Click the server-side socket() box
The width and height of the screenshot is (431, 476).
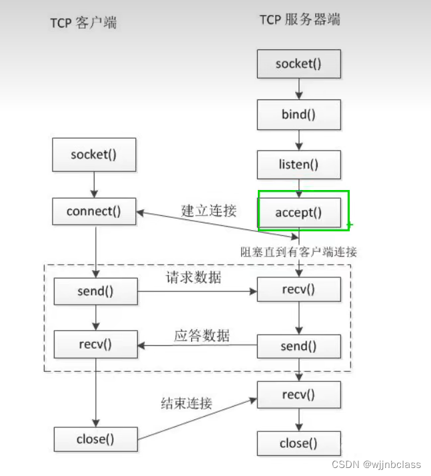[x=298, y=64]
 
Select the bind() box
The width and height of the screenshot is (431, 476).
[x=298, y=115]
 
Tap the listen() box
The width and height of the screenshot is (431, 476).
[x=298, y=164]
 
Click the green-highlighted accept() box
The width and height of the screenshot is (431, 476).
[x=298, y=213]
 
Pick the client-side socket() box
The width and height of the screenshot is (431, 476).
[x=93, y=155]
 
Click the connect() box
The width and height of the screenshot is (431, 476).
[x=93, y=212]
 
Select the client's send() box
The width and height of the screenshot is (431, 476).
[x=95, y=291]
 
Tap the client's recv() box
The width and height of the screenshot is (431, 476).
[x=95, y=345]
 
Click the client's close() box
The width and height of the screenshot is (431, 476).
[x=95, y=439]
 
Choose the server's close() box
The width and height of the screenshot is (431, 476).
[x=298, y=443]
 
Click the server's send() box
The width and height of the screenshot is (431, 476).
[x=298, y=346]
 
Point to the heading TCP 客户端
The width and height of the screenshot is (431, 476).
[x=83, y=23]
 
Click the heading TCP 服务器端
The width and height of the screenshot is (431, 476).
[x=300, y=20]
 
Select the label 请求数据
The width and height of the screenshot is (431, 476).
[x=194, y=278]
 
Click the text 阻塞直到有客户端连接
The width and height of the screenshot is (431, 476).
[x=298, y=252]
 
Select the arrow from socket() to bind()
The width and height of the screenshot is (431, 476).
[x=299, y=89]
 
